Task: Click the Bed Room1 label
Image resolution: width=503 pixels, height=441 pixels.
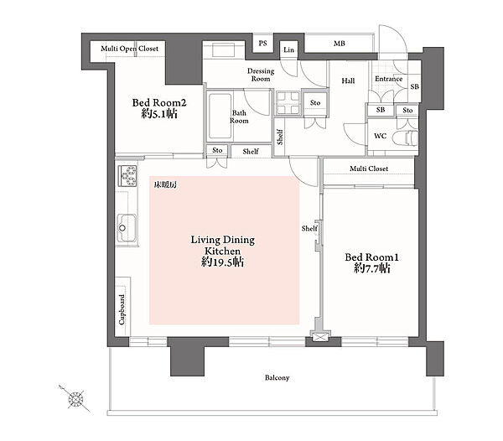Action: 371,257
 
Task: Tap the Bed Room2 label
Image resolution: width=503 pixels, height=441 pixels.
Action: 159,103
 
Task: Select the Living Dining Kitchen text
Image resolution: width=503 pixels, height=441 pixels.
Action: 223,246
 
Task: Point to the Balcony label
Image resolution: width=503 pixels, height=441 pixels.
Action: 277,378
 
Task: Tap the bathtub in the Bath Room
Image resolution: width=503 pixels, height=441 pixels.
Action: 220,116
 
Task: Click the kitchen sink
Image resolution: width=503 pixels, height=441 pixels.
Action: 127,228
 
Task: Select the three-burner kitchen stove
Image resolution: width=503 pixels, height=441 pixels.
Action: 127,176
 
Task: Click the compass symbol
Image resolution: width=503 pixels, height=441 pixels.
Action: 75,399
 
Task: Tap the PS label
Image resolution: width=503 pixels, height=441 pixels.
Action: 262,43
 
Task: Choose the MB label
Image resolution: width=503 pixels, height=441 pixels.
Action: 339,44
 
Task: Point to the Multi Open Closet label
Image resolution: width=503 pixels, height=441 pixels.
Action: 129,49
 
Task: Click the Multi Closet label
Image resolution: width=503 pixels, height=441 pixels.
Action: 369,169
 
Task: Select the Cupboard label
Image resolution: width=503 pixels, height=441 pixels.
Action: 122,309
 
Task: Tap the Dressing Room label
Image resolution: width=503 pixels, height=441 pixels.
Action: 261,75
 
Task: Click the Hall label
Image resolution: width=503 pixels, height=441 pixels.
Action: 348,80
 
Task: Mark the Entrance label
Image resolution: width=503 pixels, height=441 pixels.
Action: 388,79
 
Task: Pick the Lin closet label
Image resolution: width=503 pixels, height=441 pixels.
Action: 288,49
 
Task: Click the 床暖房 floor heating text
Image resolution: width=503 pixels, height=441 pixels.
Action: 165,184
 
